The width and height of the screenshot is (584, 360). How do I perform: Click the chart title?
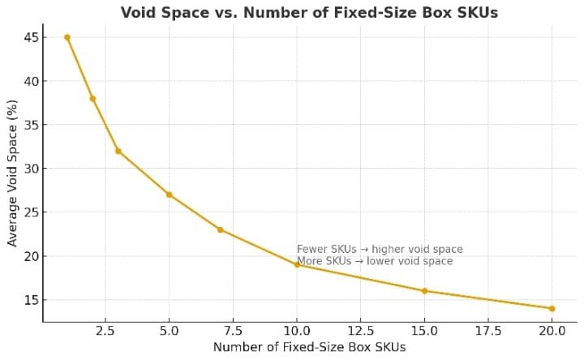point(309,12)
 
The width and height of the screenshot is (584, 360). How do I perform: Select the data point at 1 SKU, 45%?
point(67,37)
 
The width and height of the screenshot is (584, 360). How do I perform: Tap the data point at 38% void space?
point(92,99)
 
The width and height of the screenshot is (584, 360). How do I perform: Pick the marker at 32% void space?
point(118,151)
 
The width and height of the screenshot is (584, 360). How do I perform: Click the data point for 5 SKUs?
point(169,195)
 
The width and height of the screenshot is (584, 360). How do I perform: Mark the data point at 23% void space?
point(220,229)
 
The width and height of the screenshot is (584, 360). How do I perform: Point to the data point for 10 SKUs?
point(297,264)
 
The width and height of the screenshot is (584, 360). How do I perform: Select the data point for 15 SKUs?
point(424,290)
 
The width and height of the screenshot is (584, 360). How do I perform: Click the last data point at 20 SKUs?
point(552,308)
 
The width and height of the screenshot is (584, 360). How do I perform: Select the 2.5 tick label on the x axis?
point(105,331)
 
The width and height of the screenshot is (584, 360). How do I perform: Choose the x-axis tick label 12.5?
point(360,331)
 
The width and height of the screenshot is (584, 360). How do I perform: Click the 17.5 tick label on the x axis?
point(487,331)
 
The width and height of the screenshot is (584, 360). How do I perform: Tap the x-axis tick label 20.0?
point(552,331)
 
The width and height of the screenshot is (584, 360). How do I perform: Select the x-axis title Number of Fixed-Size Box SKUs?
point(309,347)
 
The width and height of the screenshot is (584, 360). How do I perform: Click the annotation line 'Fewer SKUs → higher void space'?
point(380,250)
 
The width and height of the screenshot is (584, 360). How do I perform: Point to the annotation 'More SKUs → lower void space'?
point(375,261)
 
